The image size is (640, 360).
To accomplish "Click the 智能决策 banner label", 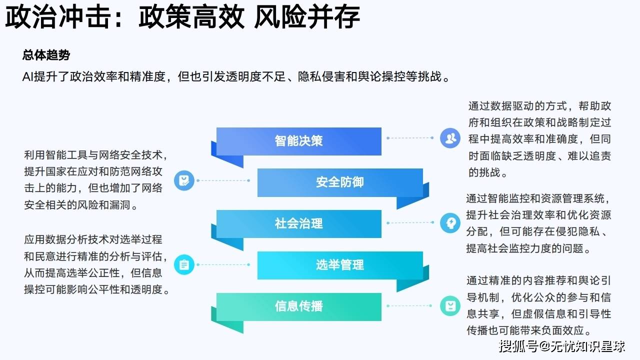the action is [x=298, y=141].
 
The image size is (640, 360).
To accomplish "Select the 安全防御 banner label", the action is [x=339, y=182].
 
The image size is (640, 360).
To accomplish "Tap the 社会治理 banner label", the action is [x=298, y=223].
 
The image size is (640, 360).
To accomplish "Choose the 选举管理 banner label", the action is [x=339, y=265].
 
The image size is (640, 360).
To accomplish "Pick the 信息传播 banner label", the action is [x=298, y=306].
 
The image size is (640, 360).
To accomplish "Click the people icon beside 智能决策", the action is [x=450, y=138].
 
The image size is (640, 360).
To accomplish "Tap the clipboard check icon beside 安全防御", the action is [x=184, y=180].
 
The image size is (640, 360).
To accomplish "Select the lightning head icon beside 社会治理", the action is [x=450, y=222].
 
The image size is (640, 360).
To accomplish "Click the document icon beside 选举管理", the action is [x=184, y=264].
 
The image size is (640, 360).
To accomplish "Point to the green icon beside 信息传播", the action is [x=450, y=305].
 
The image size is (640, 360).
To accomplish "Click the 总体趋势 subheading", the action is [x=46, y=55].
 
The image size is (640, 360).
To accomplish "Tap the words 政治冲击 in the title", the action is [x=58, y=17].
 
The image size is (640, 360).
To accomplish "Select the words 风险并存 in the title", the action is [x=307, y=17].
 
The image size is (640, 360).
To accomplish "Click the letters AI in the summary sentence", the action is [x=28, y=76].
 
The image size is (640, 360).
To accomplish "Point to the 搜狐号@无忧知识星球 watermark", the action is [x=562, y=346].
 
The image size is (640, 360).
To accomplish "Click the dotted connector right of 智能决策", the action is [x=410, y=138].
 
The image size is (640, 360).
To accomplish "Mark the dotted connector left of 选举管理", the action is [x=223, y=264].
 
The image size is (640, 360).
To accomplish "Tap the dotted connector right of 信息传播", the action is [x=409, y=305].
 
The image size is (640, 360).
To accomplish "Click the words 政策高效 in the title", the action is [x=191, y=17].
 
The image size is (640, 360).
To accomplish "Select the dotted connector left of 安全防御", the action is [x=223, y=180].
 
